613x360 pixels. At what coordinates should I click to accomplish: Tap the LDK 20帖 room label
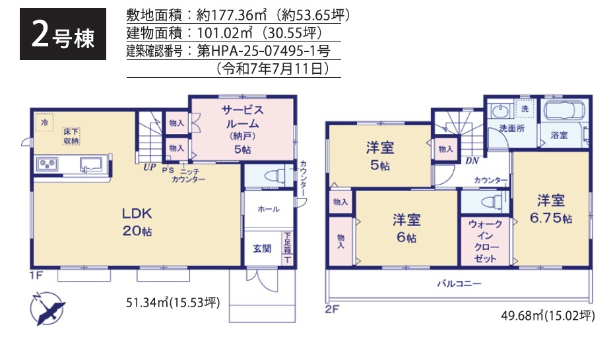[137, 222]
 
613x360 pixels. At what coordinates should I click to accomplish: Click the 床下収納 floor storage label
[71, 136]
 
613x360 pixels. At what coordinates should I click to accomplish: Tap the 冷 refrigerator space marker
[44, 123]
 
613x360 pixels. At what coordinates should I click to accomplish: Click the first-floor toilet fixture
[273, 175]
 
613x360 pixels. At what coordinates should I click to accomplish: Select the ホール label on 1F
[268, 209]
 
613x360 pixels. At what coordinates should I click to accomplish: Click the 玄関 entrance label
[262, 249]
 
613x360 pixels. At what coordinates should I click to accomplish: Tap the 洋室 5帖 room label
[380, 156]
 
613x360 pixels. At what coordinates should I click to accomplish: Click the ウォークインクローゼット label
[485, 241]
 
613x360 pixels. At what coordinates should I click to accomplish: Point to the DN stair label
[472, 160]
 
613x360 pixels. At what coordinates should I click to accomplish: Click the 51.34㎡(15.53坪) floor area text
[173, 303]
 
